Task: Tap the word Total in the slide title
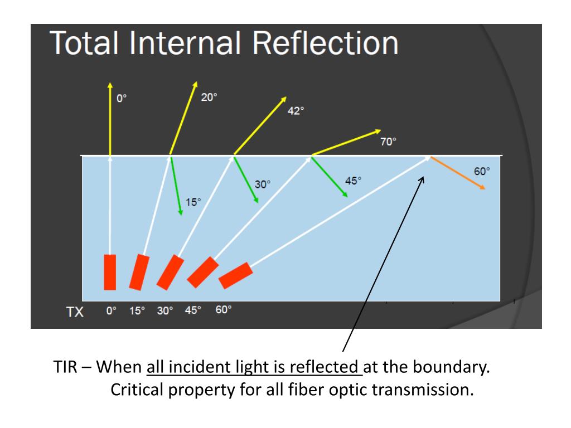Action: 89,43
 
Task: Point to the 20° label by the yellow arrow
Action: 209,97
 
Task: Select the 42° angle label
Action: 296,111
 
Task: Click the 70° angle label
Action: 388,142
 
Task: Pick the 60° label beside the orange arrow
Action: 482,172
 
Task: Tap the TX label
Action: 75,312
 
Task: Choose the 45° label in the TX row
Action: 193,311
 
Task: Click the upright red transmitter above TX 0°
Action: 110,272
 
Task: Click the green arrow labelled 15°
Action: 176,186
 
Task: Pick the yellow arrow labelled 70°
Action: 346,142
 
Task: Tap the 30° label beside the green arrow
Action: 263,184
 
